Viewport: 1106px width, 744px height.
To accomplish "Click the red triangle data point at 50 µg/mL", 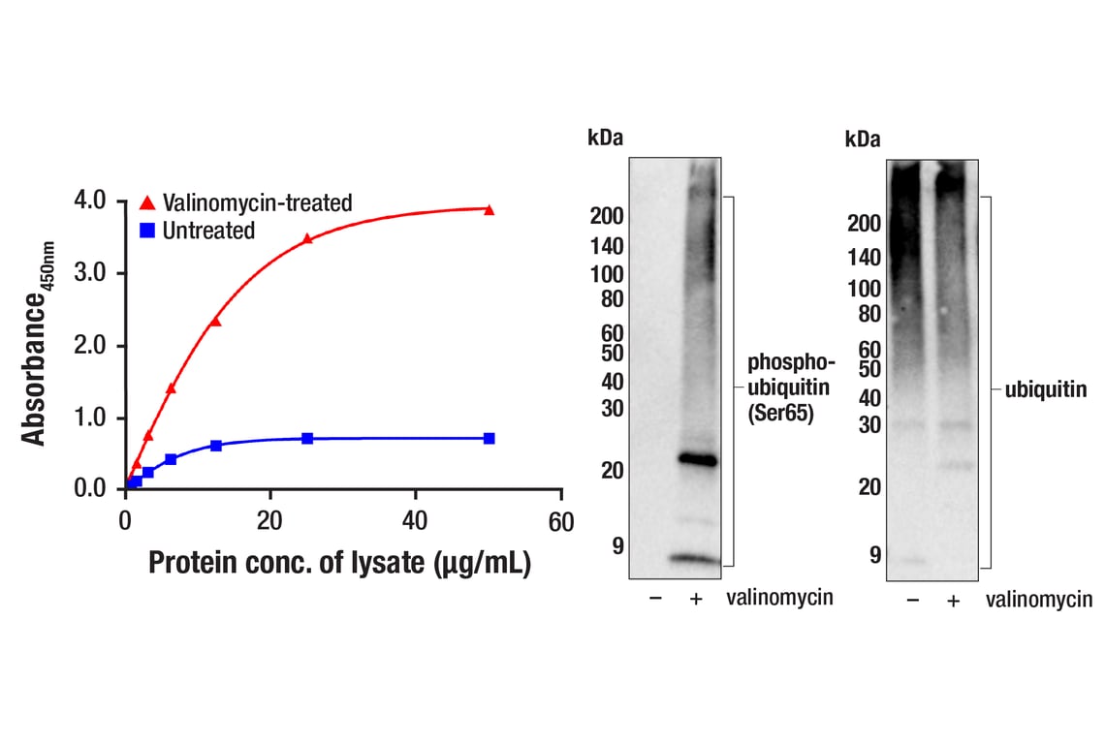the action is click(x=490, y=209).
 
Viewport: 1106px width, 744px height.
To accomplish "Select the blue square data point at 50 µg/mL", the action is click(x=490, y=439).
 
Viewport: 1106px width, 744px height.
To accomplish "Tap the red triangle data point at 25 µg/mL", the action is click(x=307, y=238).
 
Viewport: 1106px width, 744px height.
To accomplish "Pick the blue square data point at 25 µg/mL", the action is click(x=307, y=439).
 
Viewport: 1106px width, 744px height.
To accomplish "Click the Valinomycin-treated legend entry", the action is click(x=246, y=203).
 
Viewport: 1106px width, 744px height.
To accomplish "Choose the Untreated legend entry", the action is click(x=198, y=231).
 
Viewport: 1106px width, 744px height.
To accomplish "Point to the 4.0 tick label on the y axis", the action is click(x=90, y=201).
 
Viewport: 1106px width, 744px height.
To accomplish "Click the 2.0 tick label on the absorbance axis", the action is click(x=90, y=345).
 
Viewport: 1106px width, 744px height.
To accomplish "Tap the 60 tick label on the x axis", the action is click(x=561, y=522).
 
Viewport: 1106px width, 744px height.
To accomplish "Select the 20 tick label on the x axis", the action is click(x=269, y=522).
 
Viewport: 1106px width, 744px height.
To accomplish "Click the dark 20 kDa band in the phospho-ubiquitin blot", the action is click(x=698, y=460).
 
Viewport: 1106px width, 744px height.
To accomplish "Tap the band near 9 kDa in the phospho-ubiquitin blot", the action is click(x=695, y=559).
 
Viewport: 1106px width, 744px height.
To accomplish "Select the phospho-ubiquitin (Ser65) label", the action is click(x=791, y=387).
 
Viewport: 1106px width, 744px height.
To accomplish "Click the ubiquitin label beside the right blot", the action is click(x=1045, y=389).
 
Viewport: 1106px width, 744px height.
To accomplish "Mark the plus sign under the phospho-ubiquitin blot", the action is click(x=696, y=599).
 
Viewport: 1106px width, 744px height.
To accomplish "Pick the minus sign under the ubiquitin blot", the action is click(x=913, y=600).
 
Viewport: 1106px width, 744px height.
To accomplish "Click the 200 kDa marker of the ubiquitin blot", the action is click(x=864, y=224).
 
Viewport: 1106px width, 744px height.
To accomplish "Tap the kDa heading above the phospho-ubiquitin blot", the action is click(x=605, y=138).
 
